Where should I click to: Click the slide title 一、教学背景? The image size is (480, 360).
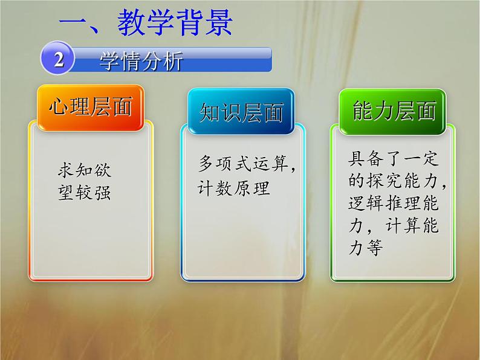point(146,25)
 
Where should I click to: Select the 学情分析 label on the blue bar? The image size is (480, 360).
point(141,62)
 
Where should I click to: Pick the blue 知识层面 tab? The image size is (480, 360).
point(241,111)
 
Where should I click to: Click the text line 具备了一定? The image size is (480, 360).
point(394,159)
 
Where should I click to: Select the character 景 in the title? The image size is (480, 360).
point(216,25)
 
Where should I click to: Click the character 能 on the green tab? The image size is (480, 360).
point(363,111)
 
